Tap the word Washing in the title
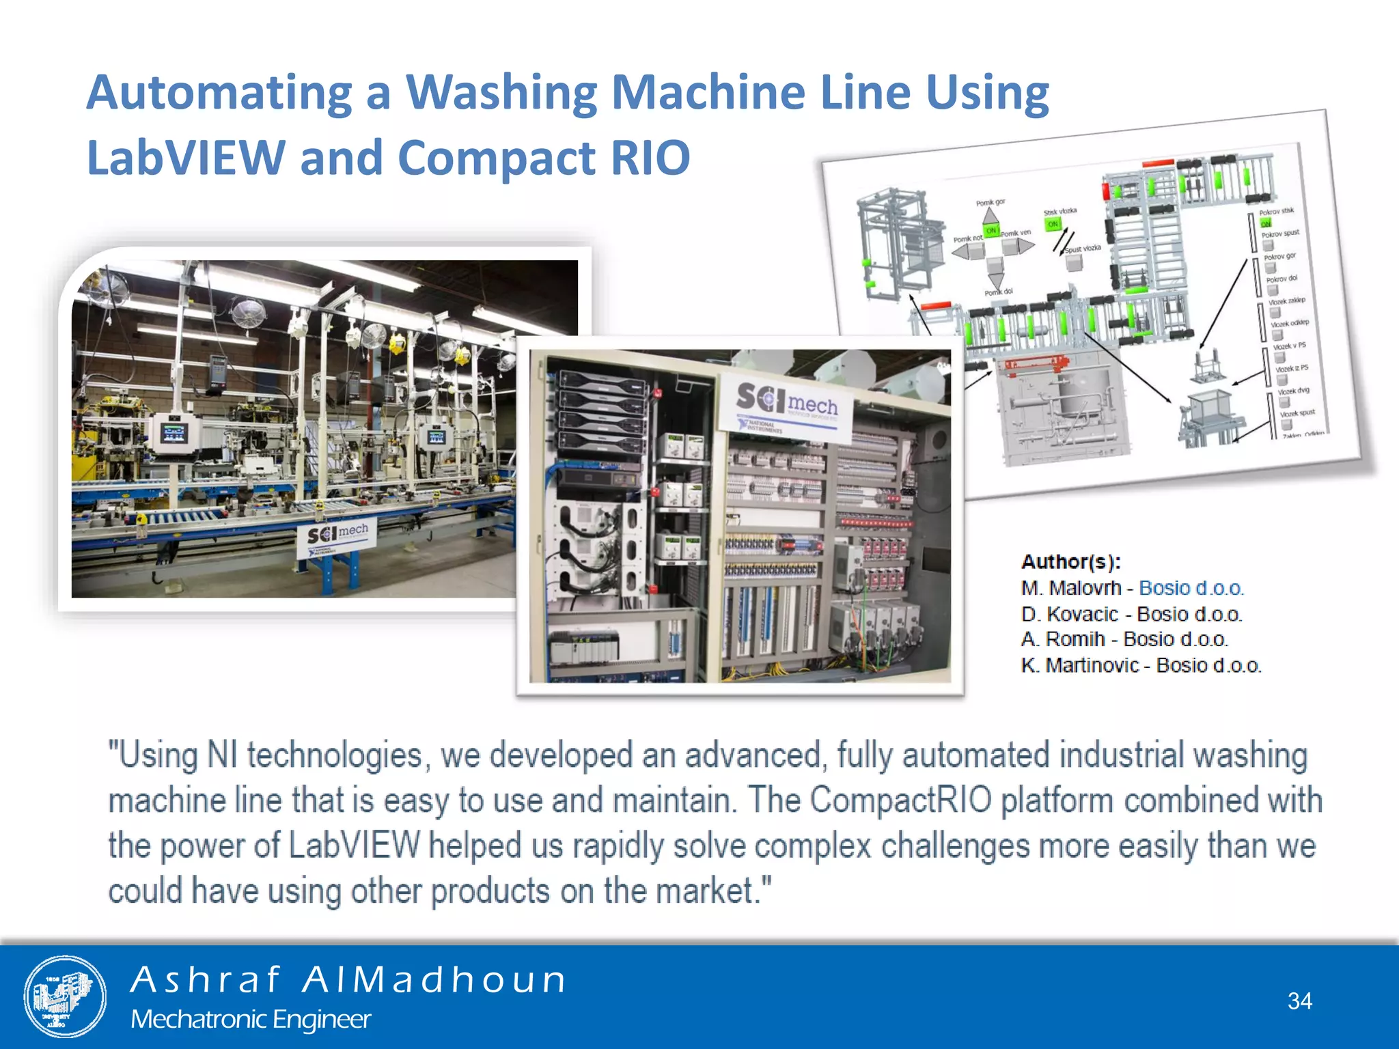pos(502,93)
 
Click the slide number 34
pos(1299,1001)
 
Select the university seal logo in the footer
pos(65,996)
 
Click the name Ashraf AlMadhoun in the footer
pos(348,979)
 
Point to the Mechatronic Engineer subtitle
pos(250,1019)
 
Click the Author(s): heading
pos(1070,562)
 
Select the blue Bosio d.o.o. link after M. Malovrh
pos(1191,588)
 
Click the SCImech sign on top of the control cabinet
pos(786,407)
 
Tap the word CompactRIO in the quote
pos(900,800)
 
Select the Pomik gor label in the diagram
pos(990,203)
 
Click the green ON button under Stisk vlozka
pos(1053,224)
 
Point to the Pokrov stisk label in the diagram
pos(1276,212)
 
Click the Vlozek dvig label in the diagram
pos(1293,391)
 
